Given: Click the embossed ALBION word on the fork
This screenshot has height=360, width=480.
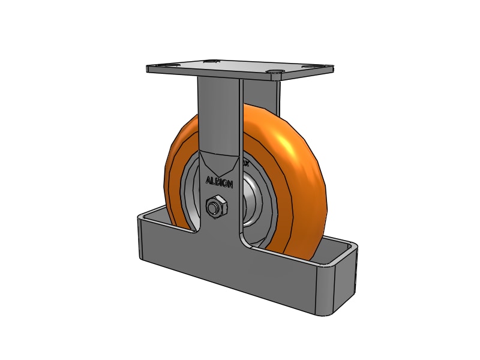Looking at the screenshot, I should point(220,181).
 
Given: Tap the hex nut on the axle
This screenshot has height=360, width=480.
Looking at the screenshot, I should point(215,207).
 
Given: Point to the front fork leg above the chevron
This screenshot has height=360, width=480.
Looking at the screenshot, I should point(220,114).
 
